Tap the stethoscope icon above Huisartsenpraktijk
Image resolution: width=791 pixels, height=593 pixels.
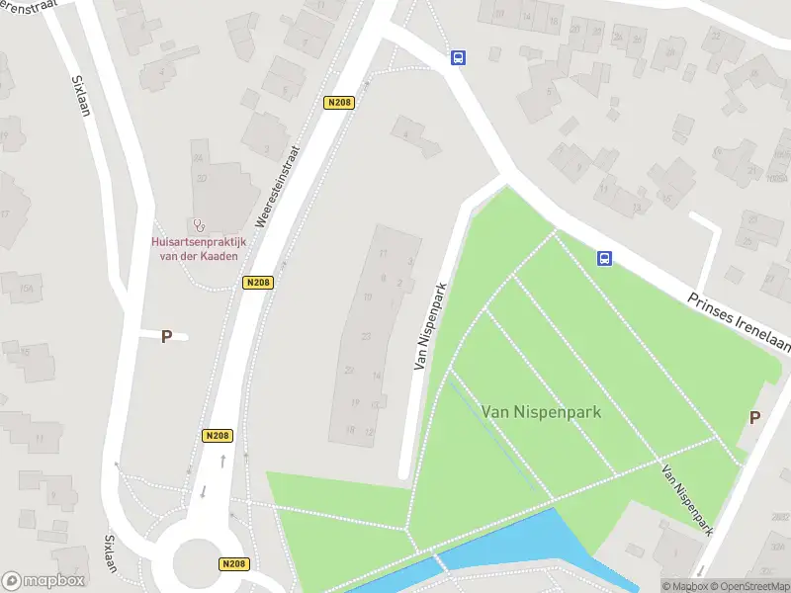point(199,226)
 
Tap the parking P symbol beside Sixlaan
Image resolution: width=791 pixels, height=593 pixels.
point(166,336)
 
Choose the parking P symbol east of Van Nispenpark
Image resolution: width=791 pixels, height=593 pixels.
point(754,417)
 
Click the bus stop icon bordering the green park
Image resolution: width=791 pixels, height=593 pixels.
point(604,259)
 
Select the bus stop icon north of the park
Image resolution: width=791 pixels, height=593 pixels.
point(458,57)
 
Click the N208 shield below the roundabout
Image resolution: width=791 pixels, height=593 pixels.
point(232,564)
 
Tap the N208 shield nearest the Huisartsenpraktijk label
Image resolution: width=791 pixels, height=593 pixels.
point(257,283)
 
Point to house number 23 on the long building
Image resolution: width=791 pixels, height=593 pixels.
point(366,337)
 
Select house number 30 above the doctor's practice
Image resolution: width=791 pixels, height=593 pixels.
point(202,179)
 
